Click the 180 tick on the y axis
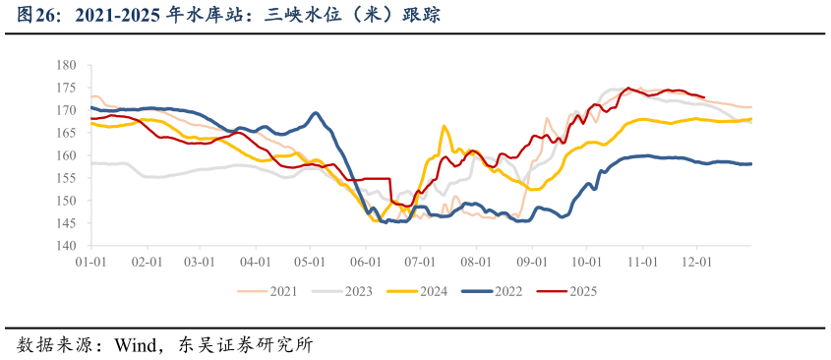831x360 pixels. coord(67,65)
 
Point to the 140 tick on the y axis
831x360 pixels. coord(67,246)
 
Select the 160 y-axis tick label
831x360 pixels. coord(67,155)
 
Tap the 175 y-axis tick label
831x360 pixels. coord(67,88)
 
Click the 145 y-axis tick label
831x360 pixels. coord(67,223)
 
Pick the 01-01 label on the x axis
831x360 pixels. coord(90,263)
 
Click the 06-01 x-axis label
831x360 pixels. coord(365,263)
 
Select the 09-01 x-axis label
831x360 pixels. coord(532,263)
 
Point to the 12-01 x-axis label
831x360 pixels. coord(697,263)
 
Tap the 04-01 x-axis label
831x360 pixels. coord(255,263)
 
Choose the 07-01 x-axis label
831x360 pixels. coord(420,263)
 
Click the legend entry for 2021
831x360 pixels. coord(283,290)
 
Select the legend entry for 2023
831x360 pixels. coord(358,290)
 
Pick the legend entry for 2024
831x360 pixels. coord(434,290)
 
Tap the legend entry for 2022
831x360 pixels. coord(508,290)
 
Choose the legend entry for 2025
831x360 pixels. coord(583,290)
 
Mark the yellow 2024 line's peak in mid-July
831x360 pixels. coord(444,126)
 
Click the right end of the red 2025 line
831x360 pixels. coord(704,97)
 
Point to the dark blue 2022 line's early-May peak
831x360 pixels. coord(315,113)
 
